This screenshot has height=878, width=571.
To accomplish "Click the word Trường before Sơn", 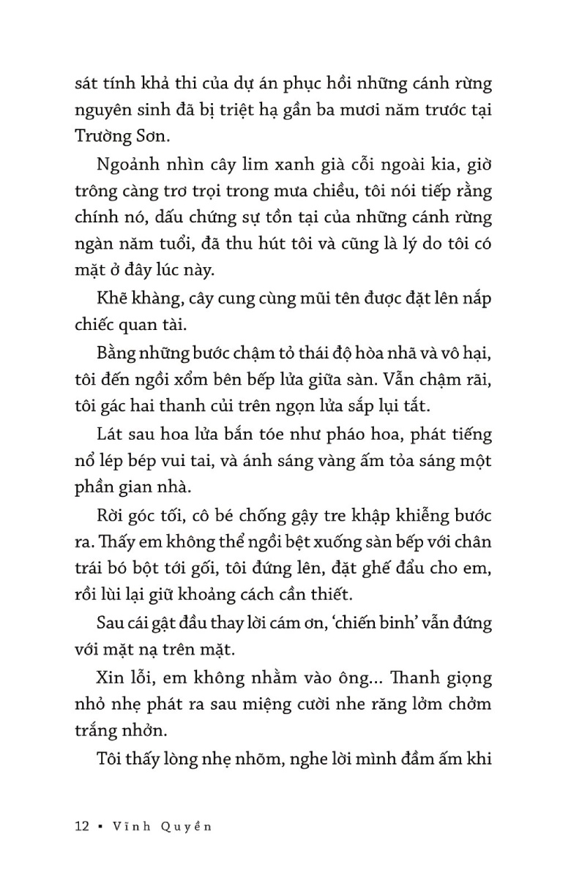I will click(x=103, y=138).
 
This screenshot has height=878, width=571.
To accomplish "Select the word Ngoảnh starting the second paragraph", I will click(x=126, y=165).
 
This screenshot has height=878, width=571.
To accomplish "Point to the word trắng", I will click(x=97, y=730).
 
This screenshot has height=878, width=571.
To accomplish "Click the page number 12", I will click(x=82, y=827).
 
